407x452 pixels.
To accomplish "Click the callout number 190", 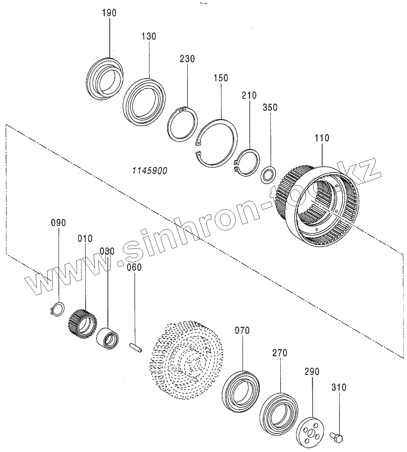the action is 109,13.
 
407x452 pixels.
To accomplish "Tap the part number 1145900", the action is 150,171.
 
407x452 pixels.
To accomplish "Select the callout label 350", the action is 270,107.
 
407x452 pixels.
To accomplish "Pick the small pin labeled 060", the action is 136,348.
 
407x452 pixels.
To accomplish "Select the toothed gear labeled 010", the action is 82,324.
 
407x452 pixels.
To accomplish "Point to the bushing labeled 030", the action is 108,339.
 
